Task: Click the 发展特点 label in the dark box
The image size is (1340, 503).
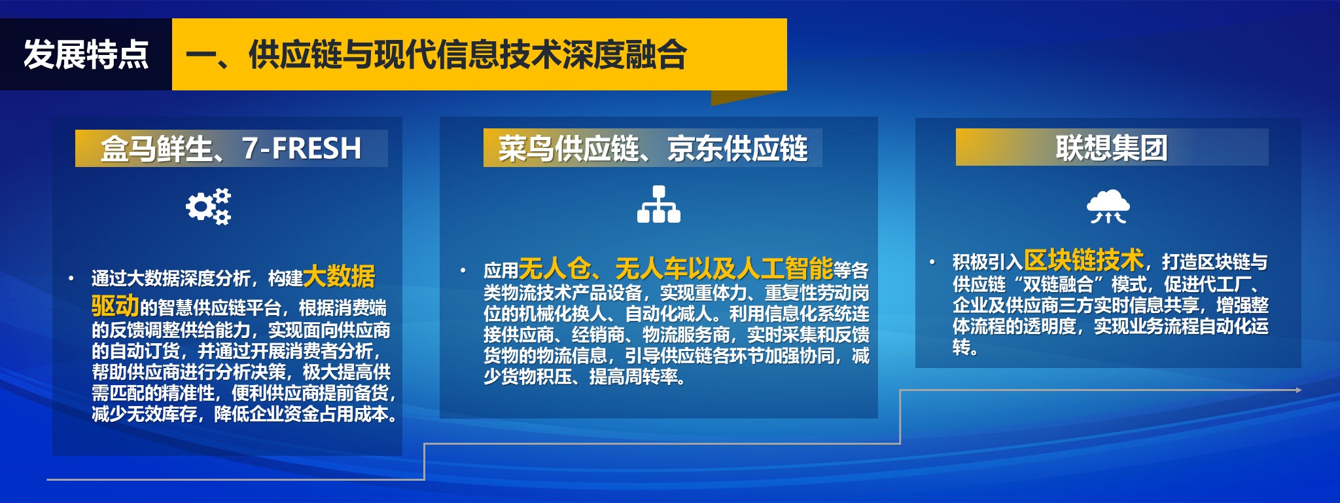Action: pyautogui.click(x=86, y=54)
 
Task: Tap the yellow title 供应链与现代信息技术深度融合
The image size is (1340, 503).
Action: pyautogui.click(x=468, y=54)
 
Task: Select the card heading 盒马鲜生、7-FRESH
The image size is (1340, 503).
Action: pyautogui.click(x=231, y=149)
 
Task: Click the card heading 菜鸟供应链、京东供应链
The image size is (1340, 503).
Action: pyautogui.click(x=653, y=149)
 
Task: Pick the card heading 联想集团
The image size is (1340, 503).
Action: pyautogui.click(x=1112, y=148)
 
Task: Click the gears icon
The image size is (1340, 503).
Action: pyautogui.click(x=209, y=207)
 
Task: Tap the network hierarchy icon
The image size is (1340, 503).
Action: pyautogui.click(x=659, y=204)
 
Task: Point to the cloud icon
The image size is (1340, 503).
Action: pyautogui.click(x=1108, y=206)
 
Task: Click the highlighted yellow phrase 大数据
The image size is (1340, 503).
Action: pyautogui.click(x=340, y=276)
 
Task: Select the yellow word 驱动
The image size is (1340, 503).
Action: pyautogui.click(x=116, y=305)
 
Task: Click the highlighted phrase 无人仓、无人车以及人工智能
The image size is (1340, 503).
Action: pyautogui.click(x=676, y=269)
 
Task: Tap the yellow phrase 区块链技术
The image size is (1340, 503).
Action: pyautogui.click(x=1084, y=260)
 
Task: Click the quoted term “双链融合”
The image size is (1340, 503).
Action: pyautogui.click(x=1058, y=284)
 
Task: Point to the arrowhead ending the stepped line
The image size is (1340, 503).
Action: pyautogui.click(x=1299, y=390)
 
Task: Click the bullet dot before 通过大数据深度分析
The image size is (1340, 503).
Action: pyautogui.click(x=71, y=278)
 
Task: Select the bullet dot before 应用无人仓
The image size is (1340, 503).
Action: pyautogui.click(x=463, y=270)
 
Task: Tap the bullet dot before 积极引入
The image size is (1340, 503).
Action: pyautogui.click(x=932, y=262)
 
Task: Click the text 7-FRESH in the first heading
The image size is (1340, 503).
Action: pyautogui.click(x=302, y=148)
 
